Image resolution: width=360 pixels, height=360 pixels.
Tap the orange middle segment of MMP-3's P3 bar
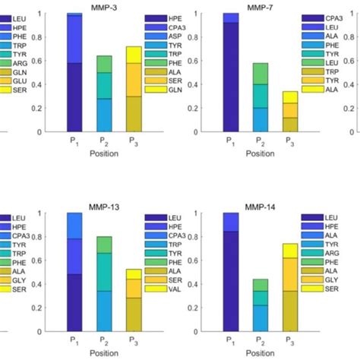click(134, 79)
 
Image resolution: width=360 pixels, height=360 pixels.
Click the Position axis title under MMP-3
click(104, 151)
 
